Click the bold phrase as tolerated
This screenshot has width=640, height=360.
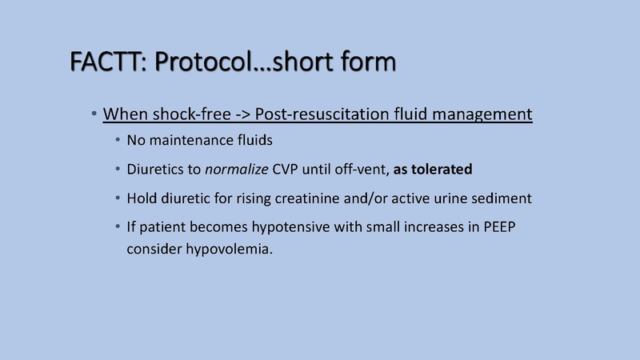pyautogui.click(x=433, y=170)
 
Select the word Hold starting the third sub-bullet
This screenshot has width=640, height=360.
pyautogui.click(x=142, y=198)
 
